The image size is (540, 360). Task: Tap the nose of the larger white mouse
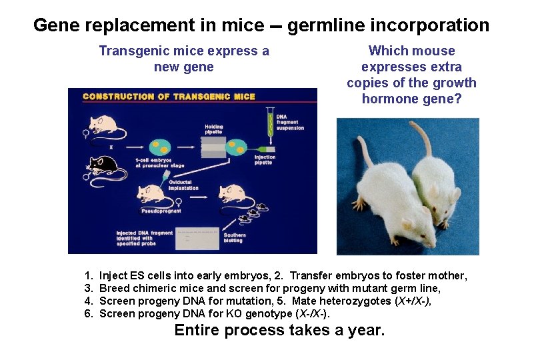(x=427, y=243)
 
